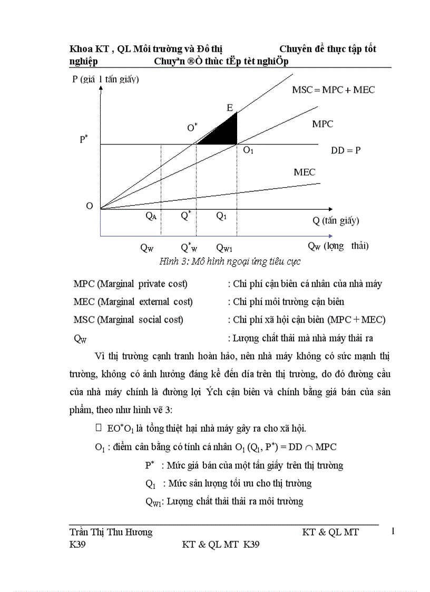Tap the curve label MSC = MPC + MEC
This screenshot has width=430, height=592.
coord(333,90)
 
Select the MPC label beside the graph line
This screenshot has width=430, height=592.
coord(322,124)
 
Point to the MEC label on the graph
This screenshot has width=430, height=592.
coord(304,172)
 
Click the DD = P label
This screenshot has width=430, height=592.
coord(346,150)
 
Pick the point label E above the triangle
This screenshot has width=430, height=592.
coord(230,108)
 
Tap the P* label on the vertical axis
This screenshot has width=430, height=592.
coord(84,140)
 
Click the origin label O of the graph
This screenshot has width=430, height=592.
coord(90,206)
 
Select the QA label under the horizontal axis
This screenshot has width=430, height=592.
coord(151,217)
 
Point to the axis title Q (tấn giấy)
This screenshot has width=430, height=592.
coord(336,221)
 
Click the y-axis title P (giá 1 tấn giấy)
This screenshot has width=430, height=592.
coord(105,80)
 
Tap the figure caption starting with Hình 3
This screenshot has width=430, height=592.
coord(230,261)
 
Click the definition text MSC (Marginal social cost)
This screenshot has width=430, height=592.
coord(129,319)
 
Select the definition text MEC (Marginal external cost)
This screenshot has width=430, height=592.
coord(133,302)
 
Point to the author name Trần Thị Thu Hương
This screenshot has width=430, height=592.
coord(111,532)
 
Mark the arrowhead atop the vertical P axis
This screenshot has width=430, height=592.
coord(101,88)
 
